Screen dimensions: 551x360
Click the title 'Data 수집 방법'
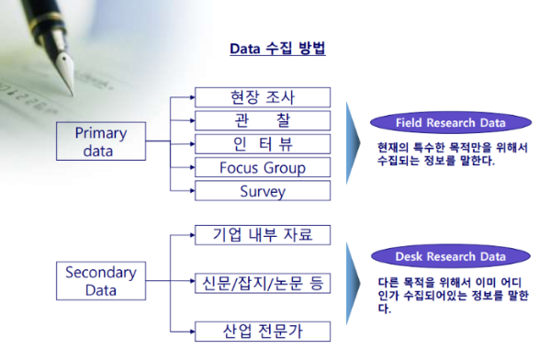277,49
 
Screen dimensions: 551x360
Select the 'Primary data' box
101,141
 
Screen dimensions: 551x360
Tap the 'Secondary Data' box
101,281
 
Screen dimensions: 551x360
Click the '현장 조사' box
263,97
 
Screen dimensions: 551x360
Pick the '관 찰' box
263,120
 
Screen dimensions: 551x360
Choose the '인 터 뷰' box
263,144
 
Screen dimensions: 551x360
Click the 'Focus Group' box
263,167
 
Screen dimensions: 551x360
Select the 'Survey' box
263,191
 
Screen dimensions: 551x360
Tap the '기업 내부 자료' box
263,235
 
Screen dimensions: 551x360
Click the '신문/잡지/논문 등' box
263,283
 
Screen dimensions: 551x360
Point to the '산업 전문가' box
263,332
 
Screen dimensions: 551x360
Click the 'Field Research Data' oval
451,123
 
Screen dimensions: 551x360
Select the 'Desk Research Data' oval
451,256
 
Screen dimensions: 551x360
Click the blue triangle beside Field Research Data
352,143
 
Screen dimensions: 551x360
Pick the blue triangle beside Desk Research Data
352,284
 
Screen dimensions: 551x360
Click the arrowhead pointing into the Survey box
192,191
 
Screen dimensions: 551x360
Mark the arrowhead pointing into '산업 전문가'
192,332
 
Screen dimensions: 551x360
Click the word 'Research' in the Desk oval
451,256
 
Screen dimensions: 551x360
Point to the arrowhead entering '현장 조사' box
192,97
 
